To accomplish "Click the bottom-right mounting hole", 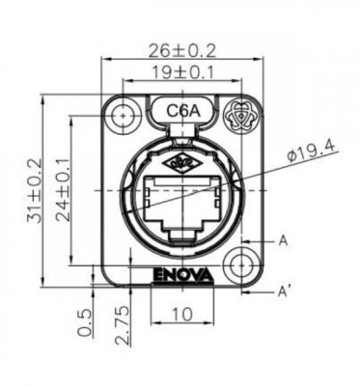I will pyautogui.click(x=236, y=262).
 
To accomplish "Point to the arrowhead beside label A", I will pyautogui.click(x=256, y=237).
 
